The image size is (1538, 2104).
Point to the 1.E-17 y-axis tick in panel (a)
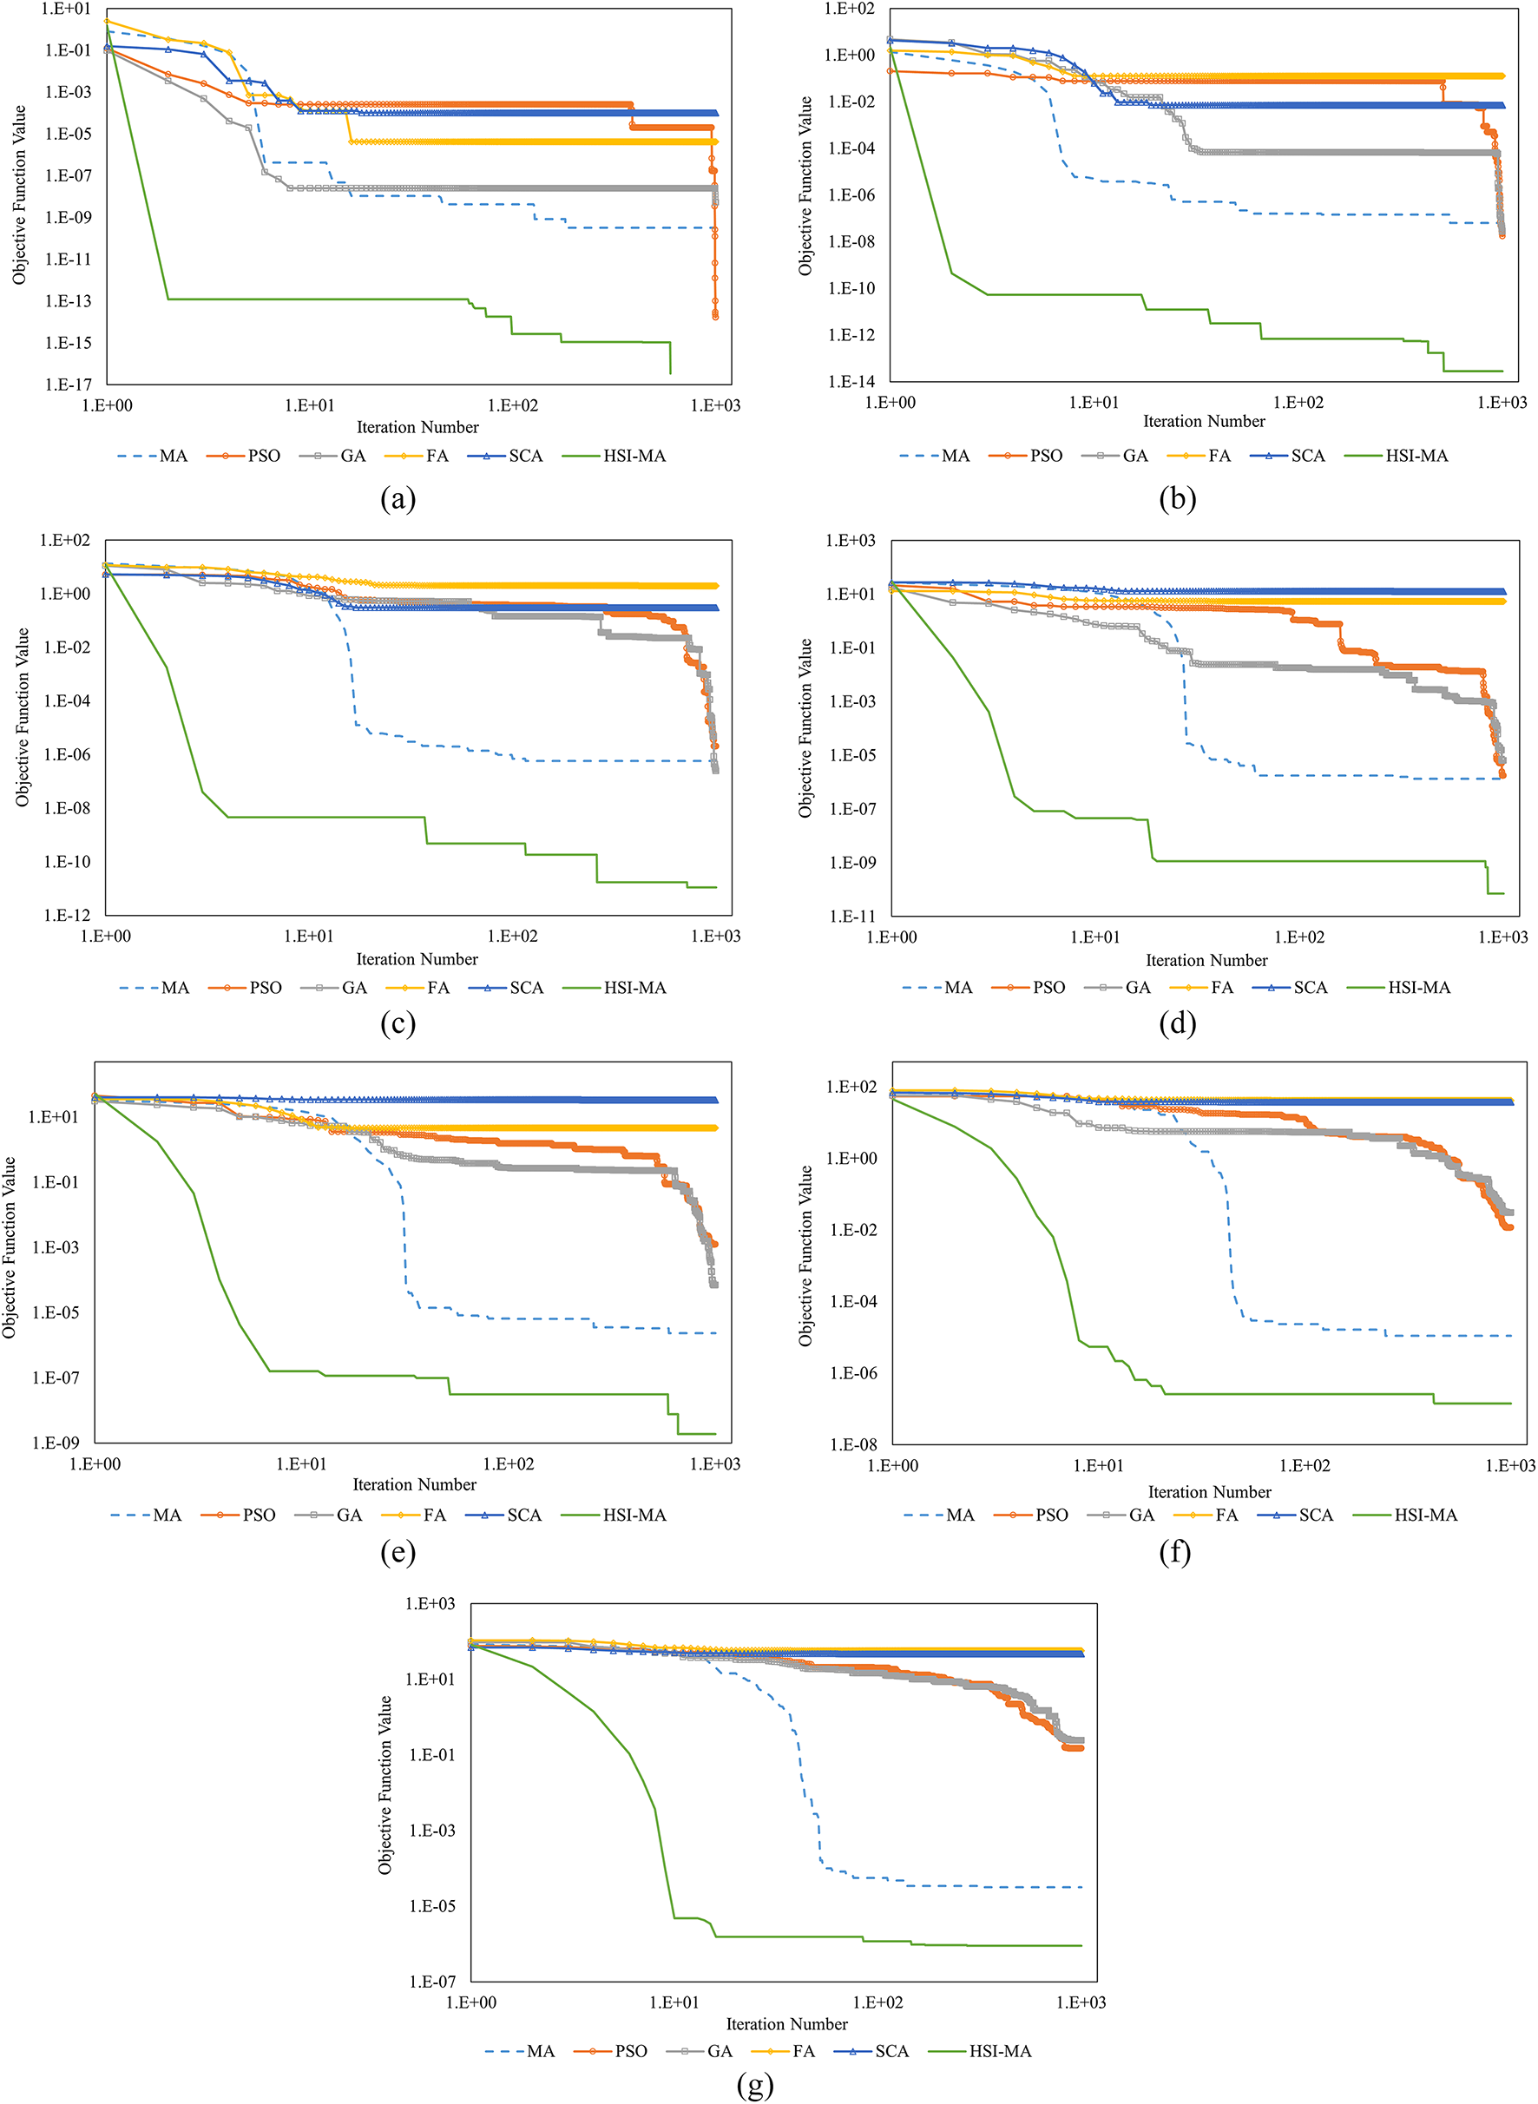68,385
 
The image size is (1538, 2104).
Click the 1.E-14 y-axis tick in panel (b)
851,382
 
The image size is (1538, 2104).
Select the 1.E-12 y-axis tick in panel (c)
67,915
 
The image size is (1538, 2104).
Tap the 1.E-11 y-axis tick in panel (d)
851,916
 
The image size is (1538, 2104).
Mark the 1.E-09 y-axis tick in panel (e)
56,1443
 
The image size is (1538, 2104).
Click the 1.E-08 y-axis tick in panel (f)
853,1445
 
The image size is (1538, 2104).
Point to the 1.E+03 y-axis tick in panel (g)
431,1603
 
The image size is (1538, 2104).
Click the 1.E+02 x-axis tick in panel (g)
877,2002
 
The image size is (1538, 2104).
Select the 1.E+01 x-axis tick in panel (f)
1099,1466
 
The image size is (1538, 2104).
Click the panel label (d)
1177,1024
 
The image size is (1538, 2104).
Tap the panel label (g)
754,2087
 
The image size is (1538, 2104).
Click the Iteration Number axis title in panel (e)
414,1485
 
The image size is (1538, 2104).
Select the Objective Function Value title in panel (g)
384,1785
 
